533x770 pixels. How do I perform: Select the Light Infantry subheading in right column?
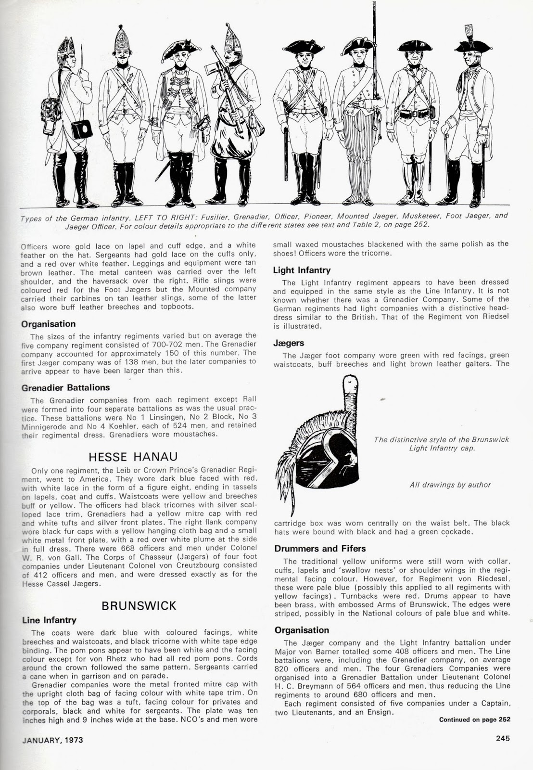pyautogui.click(x=302, y=270)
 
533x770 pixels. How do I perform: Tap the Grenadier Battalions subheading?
pyautogui.click(x=65, y=387)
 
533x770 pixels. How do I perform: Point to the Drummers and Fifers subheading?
pyautogui.click(x=320, y=549)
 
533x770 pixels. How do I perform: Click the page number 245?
pyautogui.click(x=503, y=739)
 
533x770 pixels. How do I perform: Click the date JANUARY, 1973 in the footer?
pyautogui.click(x=52, y=740)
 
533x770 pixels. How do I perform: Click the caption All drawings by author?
pyautogui.click(x=450, y=485)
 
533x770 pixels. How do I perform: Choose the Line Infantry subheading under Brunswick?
pyautogui.click(x=49, y=620)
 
